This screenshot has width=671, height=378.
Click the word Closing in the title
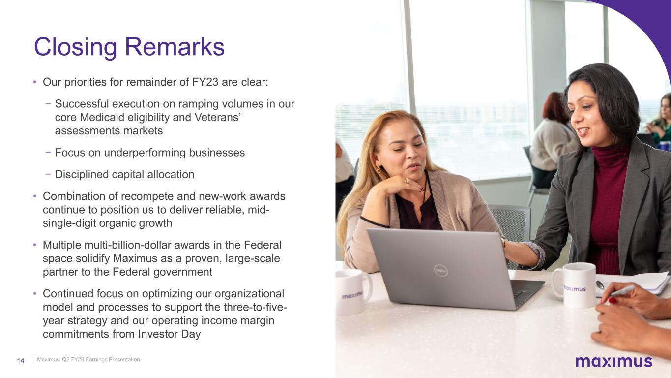[x=75, y=47]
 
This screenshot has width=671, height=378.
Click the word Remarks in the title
[x=175, y=47]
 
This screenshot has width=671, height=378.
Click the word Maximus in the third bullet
[x=135, y=258]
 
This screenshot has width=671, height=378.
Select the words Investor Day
[x=169, y=334]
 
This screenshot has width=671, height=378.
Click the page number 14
[x=20, y=361]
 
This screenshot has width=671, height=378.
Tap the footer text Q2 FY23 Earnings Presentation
[x=101, y=359]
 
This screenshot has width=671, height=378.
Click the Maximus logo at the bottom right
[x=614, y=361]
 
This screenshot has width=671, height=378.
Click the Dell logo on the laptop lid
[x=441, y=271]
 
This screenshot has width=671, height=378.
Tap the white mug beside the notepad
[x=575, y=284]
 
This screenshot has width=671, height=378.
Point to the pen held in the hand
[x=621, y=291]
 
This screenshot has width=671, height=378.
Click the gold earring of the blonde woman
[x=379, y=170]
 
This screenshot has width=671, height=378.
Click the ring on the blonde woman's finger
[x=408, y=181]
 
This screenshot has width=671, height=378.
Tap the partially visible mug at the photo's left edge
[x=353, y=291]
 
